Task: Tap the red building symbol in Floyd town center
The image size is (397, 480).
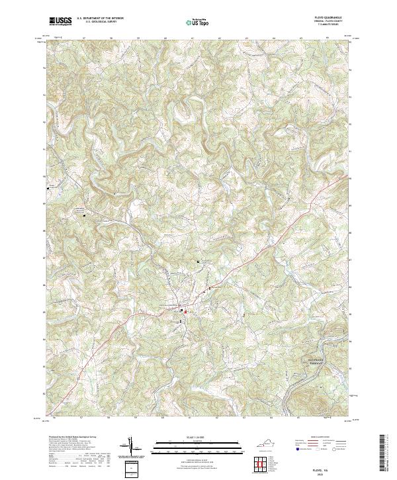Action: (186, 311)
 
